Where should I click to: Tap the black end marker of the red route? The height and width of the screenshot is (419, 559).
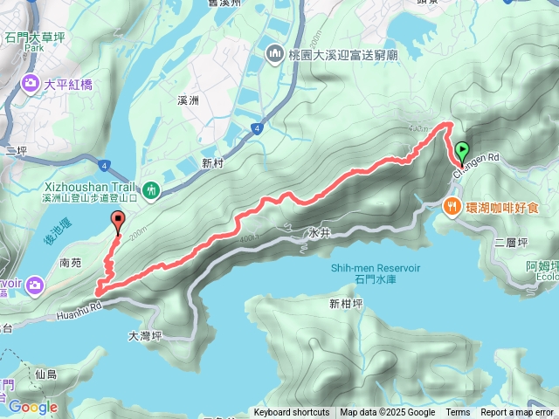(118, 222)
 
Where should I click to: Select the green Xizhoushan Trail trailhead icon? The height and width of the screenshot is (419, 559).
(151, 189)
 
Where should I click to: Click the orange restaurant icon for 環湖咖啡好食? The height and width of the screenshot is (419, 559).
(452, 207)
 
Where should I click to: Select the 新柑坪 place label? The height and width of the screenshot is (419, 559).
(346, 304)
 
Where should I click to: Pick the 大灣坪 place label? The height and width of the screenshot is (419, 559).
(145, 335)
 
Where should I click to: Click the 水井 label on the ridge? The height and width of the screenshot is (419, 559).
(319, 234)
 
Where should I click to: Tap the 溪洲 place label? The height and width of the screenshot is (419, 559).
(188, 101)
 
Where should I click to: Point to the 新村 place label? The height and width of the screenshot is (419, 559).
(213, 163)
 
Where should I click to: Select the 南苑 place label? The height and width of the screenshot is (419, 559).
(72, 260)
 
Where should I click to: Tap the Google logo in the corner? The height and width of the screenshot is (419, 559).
(32, 407)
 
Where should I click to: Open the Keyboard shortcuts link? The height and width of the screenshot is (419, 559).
(292, 413)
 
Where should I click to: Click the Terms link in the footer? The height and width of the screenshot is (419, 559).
(458, 413)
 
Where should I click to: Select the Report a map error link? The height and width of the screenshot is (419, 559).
(518, 413)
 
